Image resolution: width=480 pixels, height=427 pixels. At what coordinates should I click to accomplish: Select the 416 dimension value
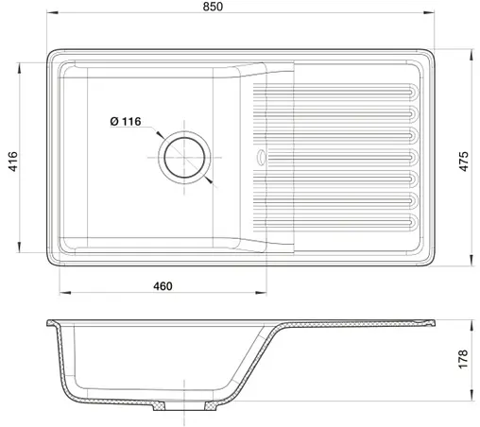tap(13, 162)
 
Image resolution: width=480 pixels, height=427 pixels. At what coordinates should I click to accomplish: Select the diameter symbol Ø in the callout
tap(113, 122)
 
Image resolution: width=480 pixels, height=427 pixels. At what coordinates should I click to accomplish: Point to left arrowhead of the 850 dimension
tap(49, 27)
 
